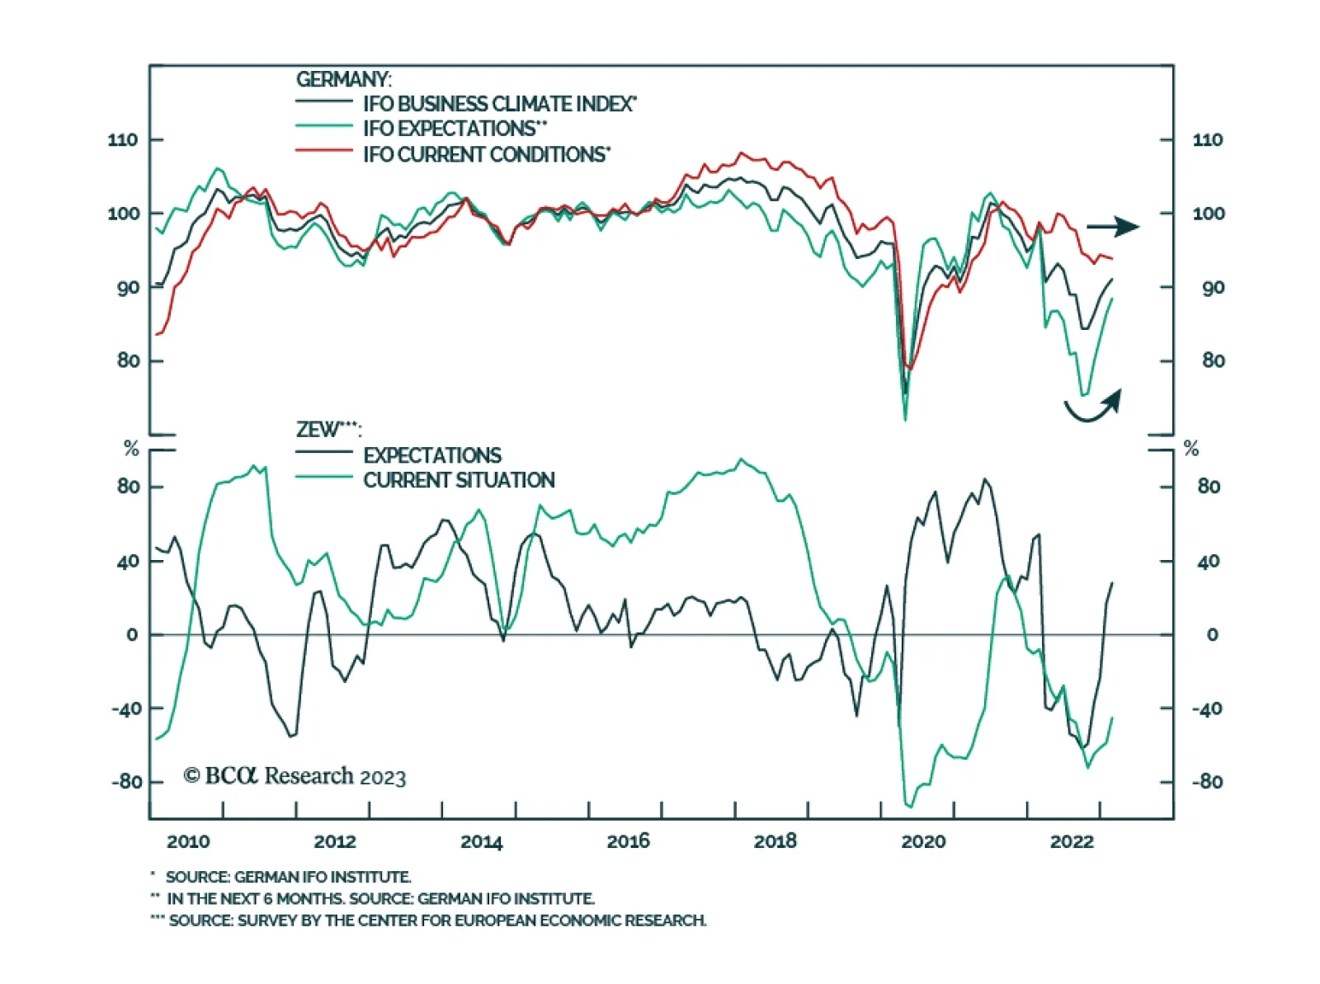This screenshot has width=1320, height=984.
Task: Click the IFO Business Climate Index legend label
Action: point(499,104)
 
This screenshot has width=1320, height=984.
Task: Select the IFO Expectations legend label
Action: point(455,129)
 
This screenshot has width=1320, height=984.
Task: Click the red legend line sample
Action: point(323,151)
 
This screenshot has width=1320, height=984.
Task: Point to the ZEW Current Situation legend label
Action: point(459,480)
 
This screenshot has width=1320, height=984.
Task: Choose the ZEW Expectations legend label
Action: point(432,455)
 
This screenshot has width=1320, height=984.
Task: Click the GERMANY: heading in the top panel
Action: point(343,79)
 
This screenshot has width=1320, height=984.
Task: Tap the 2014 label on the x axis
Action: point(481,841)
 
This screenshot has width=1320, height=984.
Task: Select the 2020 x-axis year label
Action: point(922,841)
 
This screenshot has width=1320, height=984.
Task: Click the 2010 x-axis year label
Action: point(188,841)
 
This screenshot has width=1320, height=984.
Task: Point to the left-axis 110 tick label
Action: point(123,139)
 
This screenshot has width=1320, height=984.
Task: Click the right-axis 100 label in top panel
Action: point(1209,214)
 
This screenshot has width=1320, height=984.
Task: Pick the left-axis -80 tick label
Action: point(127,781)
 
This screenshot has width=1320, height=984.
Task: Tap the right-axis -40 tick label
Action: point(1206,709)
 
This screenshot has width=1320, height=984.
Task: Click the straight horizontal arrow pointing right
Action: point(1112,226)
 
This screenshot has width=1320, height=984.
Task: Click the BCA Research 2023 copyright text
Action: point(295,776)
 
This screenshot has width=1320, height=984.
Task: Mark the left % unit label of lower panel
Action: point(131,448)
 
